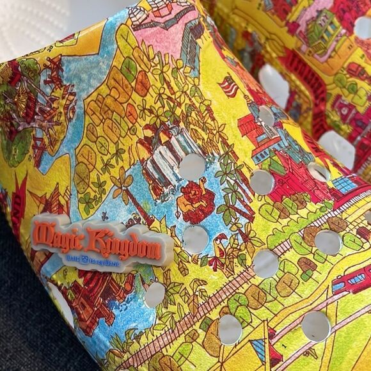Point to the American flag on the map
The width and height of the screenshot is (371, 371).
tap(228, 86)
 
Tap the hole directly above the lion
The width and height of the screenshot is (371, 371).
tap(192, 167)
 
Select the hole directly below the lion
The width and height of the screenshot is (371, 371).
tap(196, 239)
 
